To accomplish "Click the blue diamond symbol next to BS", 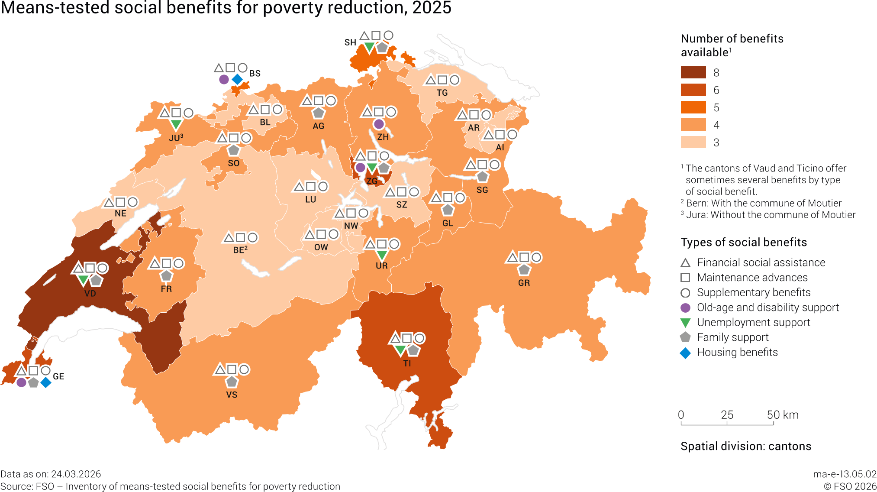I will pos(237,79).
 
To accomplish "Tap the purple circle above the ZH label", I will pos(379,124).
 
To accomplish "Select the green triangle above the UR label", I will pos(381,255).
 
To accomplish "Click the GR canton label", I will pos(524,283).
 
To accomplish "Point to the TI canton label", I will pos(407,363).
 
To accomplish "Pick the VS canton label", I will pos(232,395).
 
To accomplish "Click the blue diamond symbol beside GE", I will pos(45,382).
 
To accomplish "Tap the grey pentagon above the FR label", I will pos(166,275).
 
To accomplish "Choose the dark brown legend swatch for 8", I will pos(693,72).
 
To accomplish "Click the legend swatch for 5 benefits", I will pos(693,107).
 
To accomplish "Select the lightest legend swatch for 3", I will pos(693,142).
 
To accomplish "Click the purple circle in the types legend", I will pos(685,307).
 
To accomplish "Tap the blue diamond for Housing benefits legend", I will pos(685,353).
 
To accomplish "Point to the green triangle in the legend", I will pos(685,323).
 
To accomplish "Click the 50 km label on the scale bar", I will pos(783,415).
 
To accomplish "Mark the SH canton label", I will pos(350,42).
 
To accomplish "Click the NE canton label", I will pos(120,214).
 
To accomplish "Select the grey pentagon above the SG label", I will pos(482,177).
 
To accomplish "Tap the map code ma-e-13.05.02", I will pos(845,474).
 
